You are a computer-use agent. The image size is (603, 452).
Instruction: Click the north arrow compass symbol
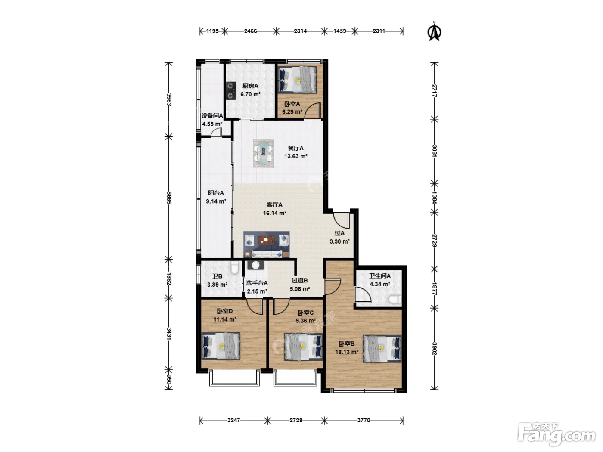434,31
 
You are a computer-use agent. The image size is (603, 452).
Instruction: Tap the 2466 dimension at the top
250,31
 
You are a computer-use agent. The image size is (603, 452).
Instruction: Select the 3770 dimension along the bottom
364,420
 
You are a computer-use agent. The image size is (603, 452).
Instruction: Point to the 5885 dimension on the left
169,198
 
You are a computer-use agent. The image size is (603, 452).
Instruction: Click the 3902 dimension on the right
434,348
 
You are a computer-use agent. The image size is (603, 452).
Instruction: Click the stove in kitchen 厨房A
230,90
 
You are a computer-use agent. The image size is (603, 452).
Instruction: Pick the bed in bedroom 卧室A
297,79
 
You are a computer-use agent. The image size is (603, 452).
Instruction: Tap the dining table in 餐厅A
263,154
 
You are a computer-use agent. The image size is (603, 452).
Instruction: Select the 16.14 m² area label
275,213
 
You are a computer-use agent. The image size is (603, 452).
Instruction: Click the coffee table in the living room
266,241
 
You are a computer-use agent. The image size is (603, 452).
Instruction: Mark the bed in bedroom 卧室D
221,346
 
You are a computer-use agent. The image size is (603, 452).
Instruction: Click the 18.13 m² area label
347,352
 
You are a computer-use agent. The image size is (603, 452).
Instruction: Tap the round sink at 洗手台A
256,265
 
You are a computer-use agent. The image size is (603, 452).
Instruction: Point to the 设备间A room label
212,115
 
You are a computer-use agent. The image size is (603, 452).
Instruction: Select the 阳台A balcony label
216,193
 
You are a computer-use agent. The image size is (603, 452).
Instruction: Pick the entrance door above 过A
342,220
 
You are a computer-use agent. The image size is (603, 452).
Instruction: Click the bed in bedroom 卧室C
303,347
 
